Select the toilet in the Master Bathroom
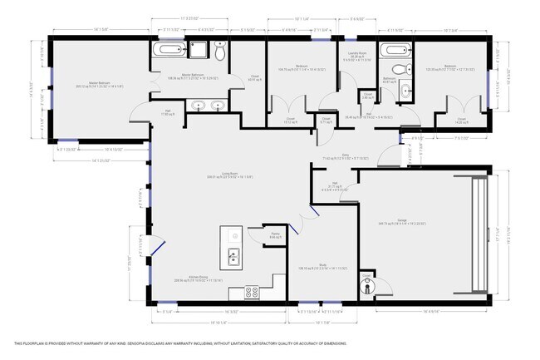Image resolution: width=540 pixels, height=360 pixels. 219,53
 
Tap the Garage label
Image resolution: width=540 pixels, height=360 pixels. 407,221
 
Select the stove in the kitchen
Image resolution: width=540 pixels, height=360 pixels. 253,292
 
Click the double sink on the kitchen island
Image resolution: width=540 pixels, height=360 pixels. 234,255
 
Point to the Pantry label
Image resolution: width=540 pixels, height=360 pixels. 275,236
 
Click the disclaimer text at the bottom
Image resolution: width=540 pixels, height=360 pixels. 179,343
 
